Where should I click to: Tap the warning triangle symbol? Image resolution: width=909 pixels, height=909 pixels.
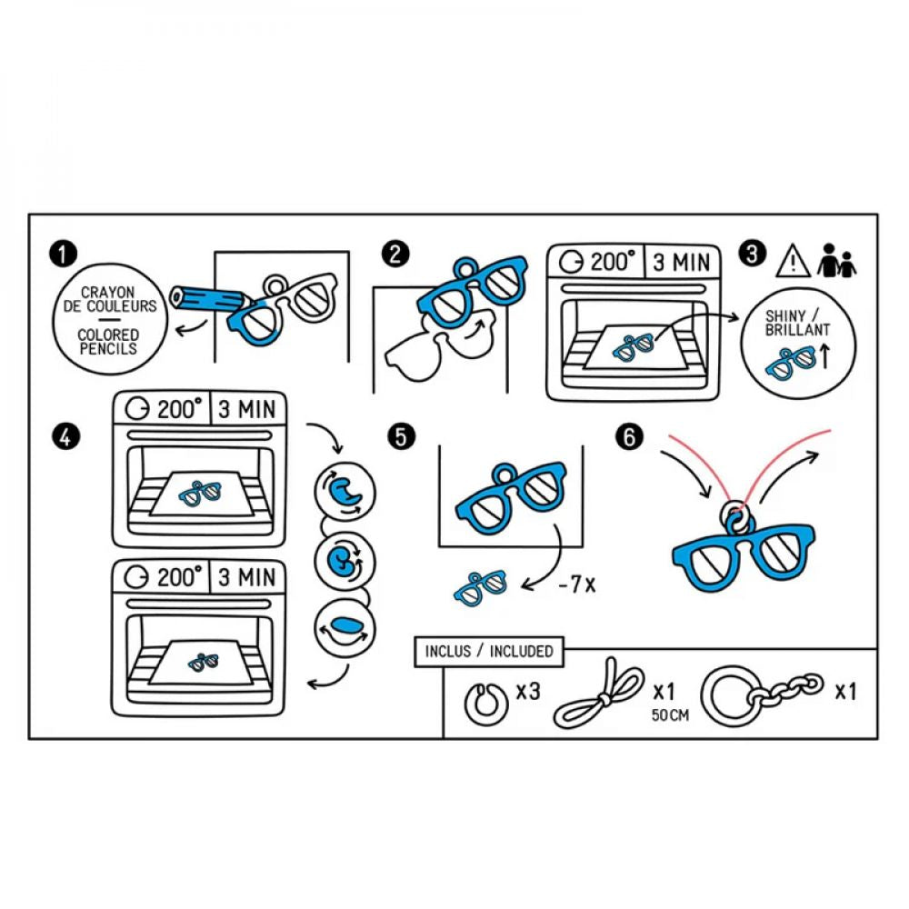click(x=793, y=262)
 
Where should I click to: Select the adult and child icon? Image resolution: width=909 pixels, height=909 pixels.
click(x=837, y=262)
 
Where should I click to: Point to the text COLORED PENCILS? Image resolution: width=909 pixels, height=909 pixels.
click(x=107, y=342)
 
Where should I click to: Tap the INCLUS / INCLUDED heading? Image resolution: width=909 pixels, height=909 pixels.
click(x=488, y=651)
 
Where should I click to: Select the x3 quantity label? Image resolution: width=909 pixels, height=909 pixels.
click(x=528, y=692)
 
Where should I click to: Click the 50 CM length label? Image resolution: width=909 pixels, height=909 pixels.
click(x=670, y=715)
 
